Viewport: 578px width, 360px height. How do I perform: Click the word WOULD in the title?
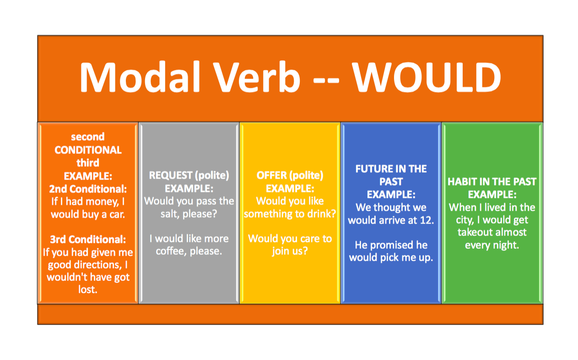click(x=427, y=77)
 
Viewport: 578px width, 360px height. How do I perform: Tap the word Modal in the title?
click(x=140, y=76)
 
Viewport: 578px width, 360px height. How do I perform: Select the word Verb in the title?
click(x=257, y=76)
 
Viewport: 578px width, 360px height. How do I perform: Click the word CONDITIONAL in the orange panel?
click(x=88, y=150)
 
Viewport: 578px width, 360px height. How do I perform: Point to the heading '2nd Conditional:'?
click(x=88, y=189)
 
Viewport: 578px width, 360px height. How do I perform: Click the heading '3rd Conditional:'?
click(x=88, y=240)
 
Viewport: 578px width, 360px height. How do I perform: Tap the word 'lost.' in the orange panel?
click(x=88, y=289)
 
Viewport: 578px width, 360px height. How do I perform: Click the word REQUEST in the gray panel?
click(x=171, y=175)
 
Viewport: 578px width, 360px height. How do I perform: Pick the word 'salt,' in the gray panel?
click(x=170, y=214)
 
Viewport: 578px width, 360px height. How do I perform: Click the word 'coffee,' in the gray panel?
click(x=171, y=251)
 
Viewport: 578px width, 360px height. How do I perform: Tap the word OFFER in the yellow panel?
click(x=272, y=175)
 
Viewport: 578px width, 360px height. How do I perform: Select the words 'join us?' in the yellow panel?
click(x=290, y=251)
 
